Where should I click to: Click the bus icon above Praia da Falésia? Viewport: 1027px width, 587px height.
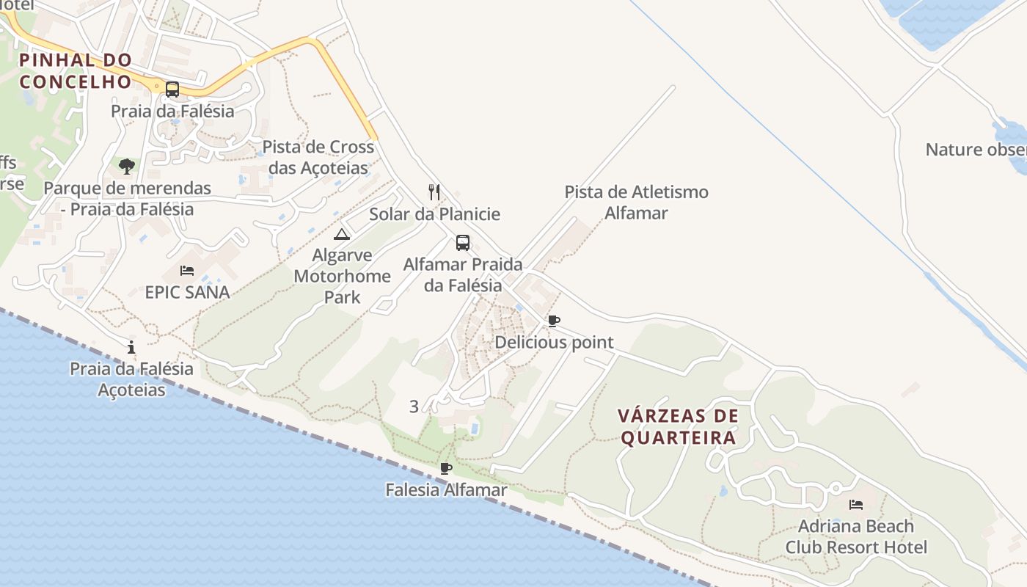coord(172,90)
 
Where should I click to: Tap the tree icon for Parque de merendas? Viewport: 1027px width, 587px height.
coord(127,167)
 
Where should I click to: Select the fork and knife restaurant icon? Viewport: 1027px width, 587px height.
coord(434,192)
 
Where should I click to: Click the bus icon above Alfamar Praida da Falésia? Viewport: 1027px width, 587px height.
coord(462,243)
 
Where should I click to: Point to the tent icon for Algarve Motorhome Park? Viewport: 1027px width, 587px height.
coord(341,235)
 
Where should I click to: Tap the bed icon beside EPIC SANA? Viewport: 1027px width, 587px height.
coord(187,271)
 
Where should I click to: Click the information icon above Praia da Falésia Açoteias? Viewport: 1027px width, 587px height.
coord(131,347)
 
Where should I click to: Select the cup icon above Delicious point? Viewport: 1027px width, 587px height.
coord(554,321)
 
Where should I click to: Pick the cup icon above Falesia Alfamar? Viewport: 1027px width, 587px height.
coord(445,468)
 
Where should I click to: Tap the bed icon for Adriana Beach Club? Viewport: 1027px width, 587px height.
coord(855,505)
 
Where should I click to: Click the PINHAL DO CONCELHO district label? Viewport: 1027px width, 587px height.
coord(76,70)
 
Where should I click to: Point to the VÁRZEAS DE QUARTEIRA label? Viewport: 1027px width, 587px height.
coord(678,427)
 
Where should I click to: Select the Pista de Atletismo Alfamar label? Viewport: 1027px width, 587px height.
coord(636,203)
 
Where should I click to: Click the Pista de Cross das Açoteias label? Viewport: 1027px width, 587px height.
coord(318,157)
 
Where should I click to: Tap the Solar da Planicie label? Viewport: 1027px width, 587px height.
coord(434,214)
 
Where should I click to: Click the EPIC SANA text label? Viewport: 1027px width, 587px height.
coord(187,292)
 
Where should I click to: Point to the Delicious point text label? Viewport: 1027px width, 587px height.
coord(554,342)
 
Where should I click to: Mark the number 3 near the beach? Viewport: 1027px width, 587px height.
coord(414,406)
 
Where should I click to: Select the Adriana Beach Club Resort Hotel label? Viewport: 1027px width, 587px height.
coord(856,536)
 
